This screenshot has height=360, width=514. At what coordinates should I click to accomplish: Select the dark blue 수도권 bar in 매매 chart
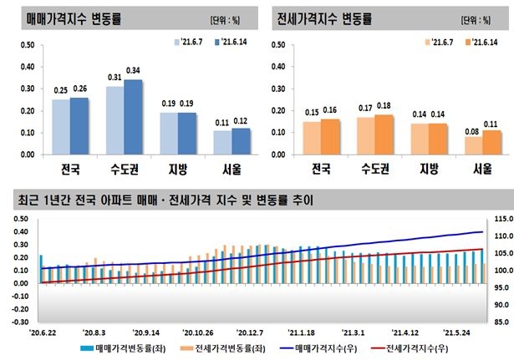pos(132,117)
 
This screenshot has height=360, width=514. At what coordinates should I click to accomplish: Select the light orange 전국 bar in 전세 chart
pos(311,138)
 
